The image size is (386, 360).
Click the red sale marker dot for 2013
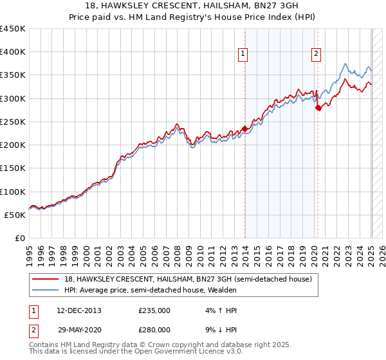(244, 129)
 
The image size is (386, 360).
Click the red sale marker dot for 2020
(318, 108)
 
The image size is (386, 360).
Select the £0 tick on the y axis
(20, 239)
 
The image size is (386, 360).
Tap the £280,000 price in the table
(154, 329)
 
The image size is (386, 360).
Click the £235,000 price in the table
(154, 310)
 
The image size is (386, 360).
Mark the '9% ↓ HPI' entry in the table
(217, 329)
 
